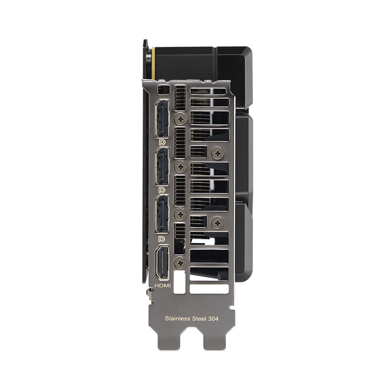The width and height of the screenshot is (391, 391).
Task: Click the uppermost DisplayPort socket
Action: click(x=162, y=119)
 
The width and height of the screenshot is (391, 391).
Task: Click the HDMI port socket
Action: click(x=162, y=263)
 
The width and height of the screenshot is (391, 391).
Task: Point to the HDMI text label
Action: click(x=162, y=286)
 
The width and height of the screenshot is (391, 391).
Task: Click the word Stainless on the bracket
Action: click(x=177, y=318)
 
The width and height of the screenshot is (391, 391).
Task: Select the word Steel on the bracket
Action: click(x=201, y=318)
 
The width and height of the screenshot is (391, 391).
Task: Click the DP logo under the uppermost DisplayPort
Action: click(x=162, y=143)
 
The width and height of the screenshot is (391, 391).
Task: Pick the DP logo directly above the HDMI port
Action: click(x=162, y=239)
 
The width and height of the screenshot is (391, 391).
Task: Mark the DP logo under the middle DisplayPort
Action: click(x=162, y=190)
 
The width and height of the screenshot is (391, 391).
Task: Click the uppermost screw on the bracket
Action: click(x=180, y=119)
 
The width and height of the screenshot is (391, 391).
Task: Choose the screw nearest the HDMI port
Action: click(x=180, y=263)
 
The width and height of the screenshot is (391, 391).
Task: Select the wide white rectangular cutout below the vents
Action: click(x=209, y=289)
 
